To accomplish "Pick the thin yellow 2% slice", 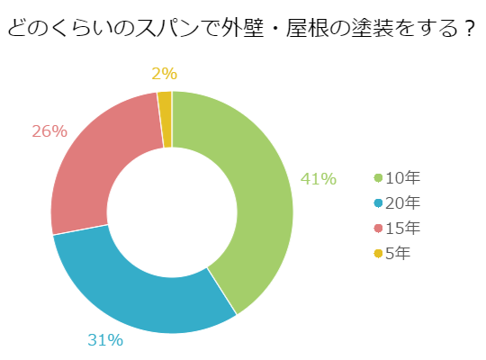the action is [166, 120].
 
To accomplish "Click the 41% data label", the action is [319, 179].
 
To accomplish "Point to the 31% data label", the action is [105, 340].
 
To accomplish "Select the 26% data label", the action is [49, 131].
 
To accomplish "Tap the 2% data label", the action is [165, 74].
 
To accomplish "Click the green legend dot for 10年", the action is [378, 178].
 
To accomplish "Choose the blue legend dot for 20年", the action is [378, 203].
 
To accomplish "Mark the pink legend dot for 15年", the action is [378, 229].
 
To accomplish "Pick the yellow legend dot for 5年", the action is [378, 253].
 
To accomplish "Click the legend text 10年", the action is [402, 177].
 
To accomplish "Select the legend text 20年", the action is [402, 202].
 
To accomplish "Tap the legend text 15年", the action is [402, 228].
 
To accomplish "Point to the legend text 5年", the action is [398, 253].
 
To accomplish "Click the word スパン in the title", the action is [167, 28].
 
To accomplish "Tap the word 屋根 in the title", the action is [307, 28].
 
